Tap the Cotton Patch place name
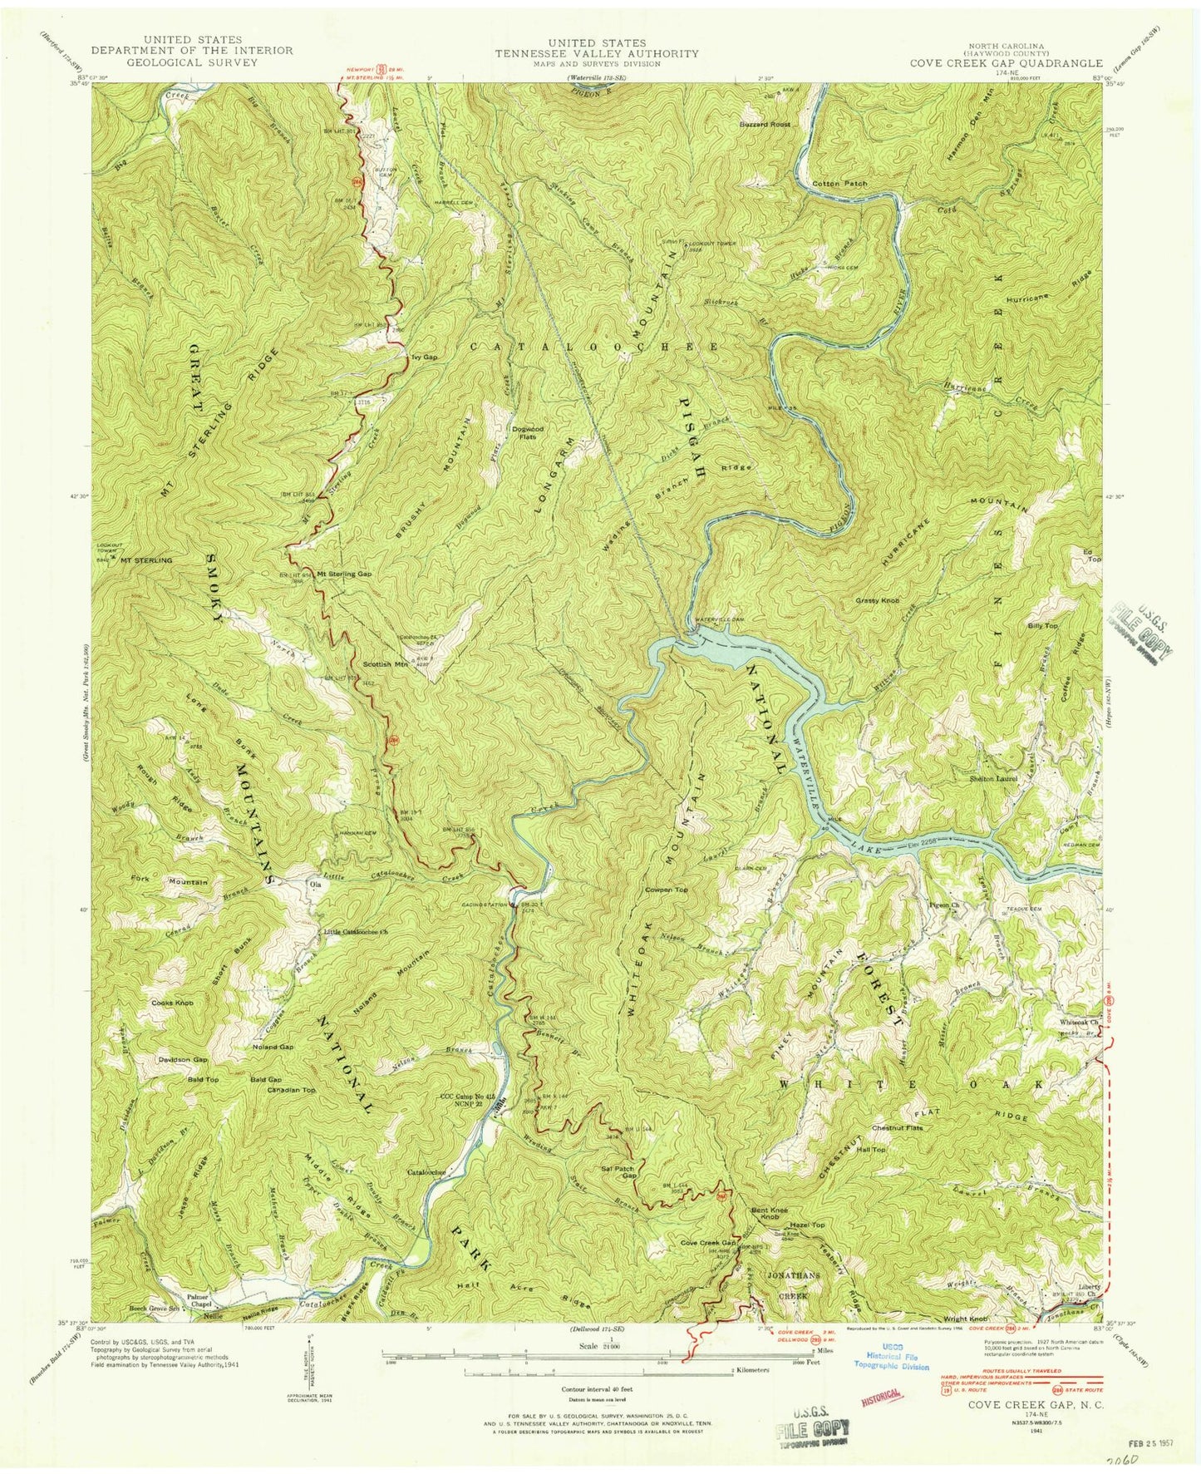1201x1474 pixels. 839,183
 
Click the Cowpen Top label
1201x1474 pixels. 667,890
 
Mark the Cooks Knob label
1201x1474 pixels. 172,1003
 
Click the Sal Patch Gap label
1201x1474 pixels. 618,1172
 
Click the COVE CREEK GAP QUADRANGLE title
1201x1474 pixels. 1006,63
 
